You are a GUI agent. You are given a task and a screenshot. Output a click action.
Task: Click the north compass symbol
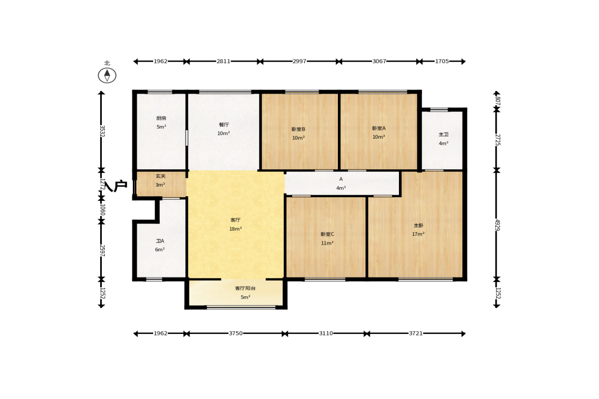(107, 75)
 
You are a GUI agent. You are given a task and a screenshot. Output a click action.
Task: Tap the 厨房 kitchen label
(161, 118)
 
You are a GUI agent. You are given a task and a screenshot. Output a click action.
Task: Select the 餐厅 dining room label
(224, 125)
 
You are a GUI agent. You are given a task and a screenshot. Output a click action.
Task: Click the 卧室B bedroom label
(298, 129)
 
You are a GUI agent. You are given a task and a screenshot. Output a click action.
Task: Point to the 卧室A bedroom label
(379, 129)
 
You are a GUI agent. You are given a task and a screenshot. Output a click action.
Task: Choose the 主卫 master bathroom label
(443, 135)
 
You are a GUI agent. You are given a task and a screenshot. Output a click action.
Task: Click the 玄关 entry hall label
(160, 176)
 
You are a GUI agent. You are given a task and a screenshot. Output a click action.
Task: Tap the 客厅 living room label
(235, 220)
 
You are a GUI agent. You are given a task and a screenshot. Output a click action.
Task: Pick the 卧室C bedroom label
(327, 234)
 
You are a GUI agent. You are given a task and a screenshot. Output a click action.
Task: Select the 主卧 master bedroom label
(418, 226)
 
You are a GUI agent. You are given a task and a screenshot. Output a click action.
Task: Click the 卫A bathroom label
(160, 241)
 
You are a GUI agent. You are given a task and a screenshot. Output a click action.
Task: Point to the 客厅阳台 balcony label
(245, 288)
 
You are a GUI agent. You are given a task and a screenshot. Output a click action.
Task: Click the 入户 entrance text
(116, 186)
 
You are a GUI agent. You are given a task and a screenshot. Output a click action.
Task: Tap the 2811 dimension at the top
(223, 61)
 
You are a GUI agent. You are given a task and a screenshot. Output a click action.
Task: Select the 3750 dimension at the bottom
(236, 333)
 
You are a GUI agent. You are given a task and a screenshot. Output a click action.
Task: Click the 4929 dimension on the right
(497, 225)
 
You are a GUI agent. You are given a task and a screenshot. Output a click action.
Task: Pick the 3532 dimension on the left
(102, 131)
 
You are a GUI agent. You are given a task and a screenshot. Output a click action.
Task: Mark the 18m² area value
(235, 229)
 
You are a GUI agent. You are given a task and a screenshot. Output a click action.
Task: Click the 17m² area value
(418, 234)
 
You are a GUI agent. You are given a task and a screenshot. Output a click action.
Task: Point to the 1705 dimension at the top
(442, 61)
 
